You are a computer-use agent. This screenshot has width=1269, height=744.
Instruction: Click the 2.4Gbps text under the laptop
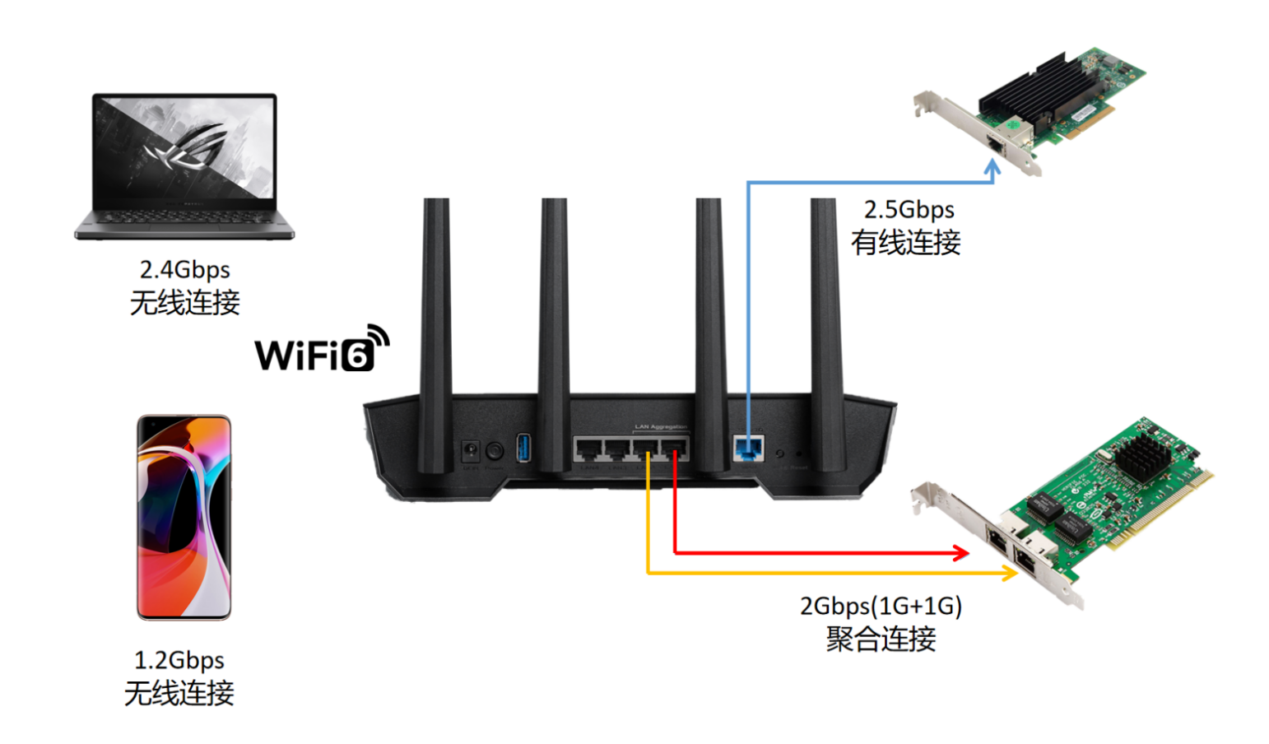[x=184, y=270]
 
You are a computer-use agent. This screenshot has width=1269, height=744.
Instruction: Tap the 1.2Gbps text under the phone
[x=179, y=660]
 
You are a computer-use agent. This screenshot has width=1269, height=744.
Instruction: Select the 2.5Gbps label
[x=909, y=210]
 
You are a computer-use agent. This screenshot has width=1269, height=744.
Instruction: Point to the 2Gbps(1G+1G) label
[x=881, y=607]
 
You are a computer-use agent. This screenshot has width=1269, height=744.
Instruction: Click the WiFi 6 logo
[x=322, y=349]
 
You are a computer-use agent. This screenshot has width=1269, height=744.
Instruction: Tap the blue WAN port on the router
[x=748, y=449]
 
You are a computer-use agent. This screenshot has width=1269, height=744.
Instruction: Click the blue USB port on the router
[x=523, y=449]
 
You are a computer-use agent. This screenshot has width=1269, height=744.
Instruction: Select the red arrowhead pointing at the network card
[x=960, y=553]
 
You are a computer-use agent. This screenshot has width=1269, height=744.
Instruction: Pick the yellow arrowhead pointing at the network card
[x=1009, y=573]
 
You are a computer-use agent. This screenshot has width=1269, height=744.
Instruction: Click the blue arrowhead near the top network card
[x=993, y=168]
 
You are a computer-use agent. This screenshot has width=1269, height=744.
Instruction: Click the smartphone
[x=184, y=517]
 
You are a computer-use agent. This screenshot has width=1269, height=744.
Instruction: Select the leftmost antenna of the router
[x=435, y=329]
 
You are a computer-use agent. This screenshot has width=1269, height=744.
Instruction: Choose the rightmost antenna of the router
[x=825, y=329]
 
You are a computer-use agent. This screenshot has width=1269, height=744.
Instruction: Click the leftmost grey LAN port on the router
[x=588, y=449]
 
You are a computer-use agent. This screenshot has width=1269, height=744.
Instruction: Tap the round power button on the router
[x=495, y=451]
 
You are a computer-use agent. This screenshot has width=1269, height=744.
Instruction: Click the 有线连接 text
[x=905, y=244]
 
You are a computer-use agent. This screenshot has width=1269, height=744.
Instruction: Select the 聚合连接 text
[x=881, y=639]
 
